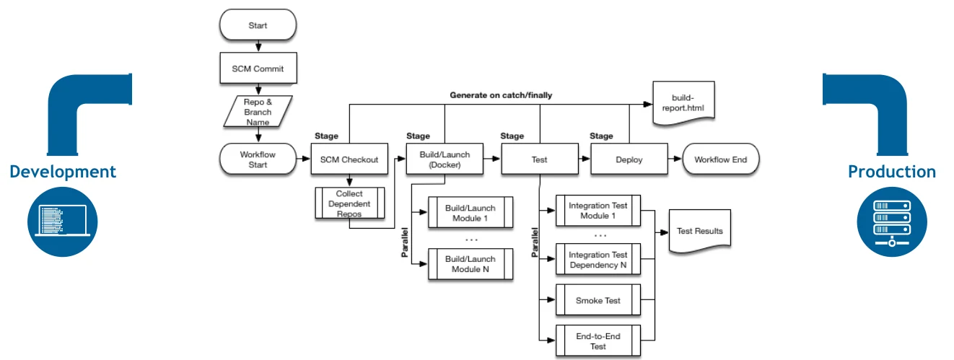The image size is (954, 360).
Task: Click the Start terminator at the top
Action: [x=258, y=25]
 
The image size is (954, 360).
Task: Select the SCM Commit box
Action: [x=258, y=69]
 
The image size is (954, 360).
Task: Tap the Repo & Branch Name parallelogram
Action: [x=258, y=112]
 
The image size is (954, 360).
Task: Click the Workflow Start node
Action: [x=258, y=159]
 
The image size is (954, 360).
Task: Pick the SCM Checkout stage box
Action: [x=349, y=159]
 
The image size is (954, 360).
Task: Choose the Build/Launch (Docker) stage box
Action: [x=445, y=159]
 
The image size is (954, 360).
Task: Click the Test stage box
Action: [x=539, y=159]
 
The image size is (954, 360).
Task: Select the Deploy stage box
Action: [x=629, y=159]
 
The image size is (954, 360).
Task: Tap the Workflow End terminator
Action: [x=719, y=159]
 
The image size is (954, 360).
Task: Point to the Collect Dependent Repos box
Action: [x=349, y=203]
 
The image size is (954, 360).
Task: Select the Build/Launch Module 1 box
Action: [x=471, y=213]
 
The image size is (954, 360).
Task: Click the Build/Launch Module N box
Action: [x=471, y=264]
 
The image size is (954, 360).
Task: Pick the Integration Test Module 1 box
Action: [x=598, y=211]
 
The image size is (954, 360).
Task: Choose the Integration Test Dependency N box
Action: [x=598, y=260]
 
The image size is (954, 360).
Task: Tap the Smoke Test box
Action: [x=598, y=300]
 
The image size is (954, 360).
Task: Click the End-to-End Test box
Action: [x=598, y=341]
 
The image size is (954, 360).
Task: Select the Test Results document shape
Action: [x=699, y=231]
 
